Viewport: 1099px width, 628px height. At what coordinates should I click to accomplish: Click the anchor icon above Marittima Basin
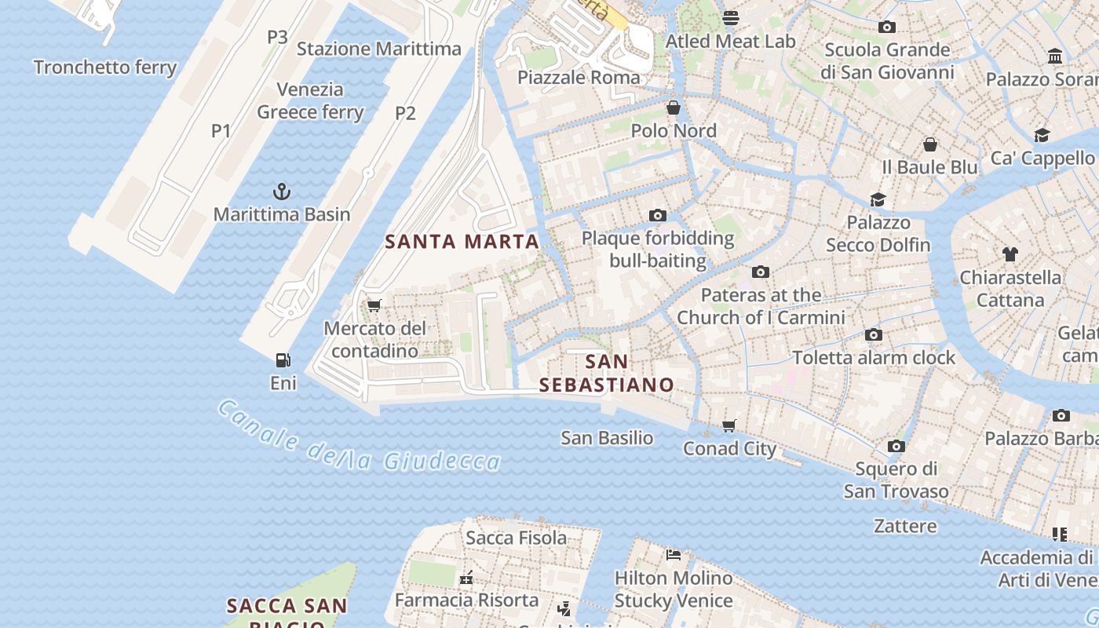click(281, 192)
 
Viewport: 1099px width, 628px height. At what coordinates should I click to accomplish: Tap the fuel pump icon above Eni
click(283, 360)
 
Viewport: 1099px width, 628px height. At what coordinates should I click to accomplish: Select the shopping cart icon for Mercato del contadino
click(374, 305)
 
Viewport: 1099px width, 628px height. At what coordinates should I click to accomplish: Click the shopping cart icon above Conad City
click(729, 425)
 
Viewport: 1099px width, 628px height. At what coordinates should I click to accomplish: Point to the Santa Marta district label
click(462, 242)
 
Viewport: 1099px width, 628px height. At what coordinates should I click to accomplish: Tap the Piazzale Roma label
click(579, 78)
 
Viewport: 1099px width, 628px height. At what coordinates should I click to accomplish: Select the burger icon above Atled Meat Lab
click(731, 18)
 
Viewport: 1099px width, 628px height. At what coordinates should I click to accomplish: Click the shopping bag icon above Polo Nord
click(673, 108)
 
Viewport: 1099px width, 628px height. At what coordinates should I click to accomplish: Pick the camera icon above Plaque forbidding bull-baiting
click(658, 215)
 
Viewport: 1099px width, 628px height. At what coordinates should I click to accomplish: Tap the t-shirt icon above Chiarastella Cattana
click(1010, 254)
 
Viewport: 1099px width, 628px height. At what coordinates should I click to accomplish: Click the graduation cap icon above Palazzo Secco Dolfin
click(878, 200)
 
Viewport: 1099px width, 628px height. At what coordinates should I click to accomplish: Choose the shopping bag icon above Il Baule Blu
click(930, 144)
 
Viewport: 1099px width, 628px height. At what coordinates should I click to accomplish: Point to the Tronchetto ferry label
click(105, 68)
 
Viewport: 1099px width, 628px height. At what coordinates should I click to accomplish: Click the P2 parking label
click(405, 113)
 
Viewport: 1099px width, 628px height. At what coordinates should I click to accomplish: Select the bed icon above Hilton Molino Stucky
click(674, 555)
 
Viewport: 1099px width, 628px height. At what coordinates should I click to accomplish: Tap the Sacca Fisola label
click(516, 538)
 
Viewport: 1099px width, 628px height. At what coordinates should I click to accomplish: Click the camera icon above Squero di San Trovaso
click(896, 447)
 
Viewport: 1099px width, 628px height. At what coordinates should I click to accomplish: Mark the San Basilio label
click(607, 438)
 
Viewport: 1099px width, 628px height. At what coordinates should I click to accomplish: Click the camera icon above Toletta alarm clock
click(874, 335)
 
